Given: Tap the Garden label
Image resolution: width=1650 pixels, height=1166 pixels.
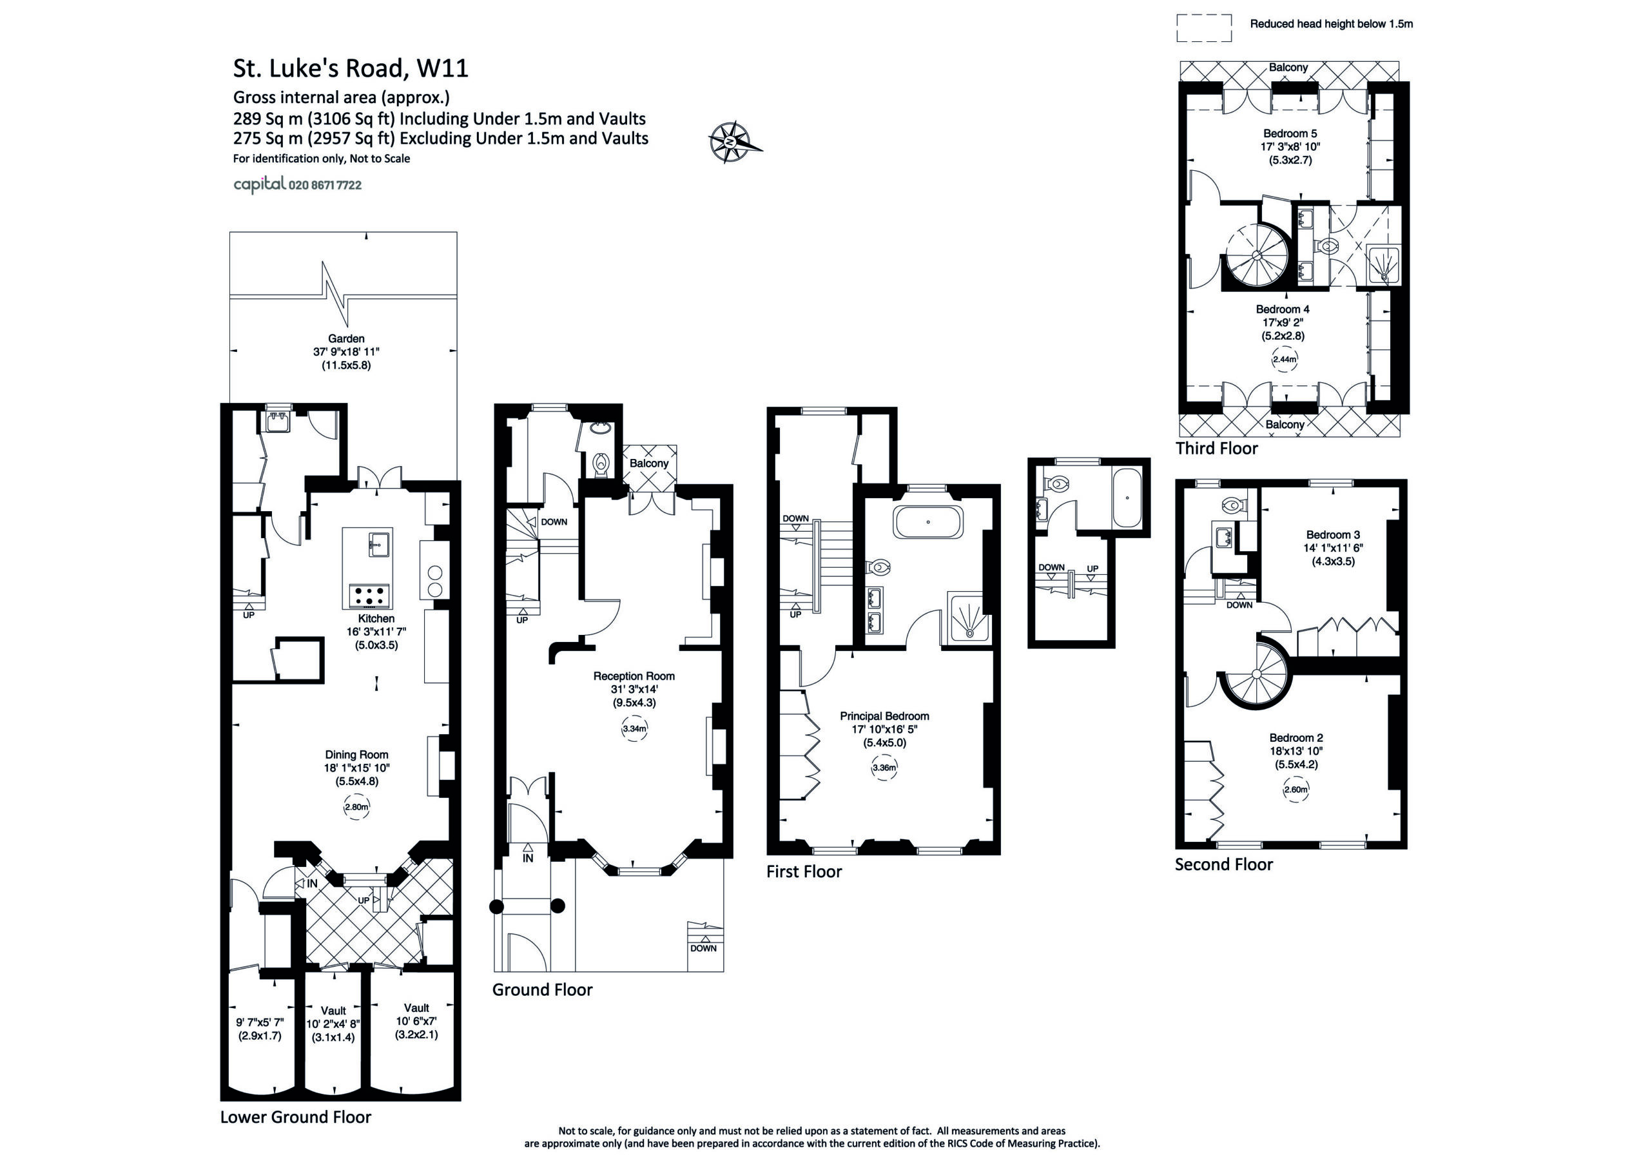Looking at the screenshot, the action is [x=346, y=338].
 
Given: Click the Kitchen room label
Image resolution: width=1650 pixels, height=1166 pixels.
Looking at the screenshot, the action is [x=376, y=618].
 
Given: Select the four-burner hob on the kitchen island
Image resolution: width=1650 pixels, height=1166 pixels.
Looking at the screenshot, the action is [x=370, y=594].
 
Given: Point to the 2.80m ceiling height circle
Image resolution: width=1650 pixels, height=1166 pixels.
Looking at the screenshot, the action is [x=356, y=807].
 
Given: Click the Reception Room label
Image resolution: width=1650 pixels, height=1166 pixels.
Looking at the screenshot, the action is [x=634, y=675].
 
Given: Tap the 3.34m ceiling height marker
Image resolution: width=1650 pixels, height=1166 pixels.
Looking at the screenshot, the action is [x=635, y=729].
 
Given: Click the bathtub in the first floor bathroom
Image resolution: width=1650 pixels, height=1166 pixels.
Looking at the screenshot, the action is [x=927, y=522].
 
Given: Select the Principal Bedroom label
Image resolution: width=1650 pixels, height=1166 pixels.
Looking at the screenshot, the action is [x=885, y=716].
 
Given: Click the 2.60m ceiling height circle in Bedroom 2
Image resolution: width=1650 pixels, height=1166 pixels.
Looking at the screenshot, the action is [x=1296, y=790].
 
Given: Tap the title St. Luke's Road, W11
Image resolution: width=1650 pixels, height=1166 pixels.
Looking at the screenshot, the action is [x=351, y=68].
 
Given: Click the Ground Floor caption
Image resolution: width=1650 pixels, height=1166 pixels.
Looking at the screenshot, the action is [x=543, y=990].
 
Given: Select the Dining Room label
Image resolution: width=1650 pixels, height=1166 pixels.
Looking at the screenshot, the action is [x=356, y=755].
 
